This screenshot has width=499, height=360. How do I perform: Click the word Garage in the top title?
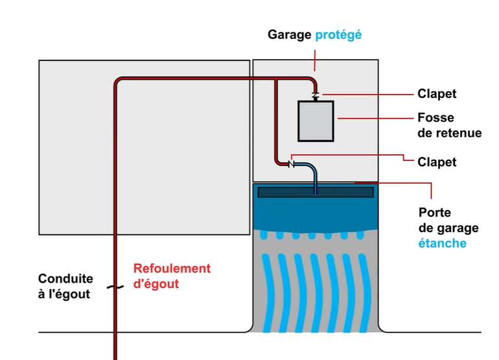click(290, 34)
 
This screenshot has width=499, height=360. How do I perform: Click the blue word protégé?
click(338, 34)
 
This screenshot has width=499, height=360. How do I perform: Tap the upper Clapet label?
click(437, 94)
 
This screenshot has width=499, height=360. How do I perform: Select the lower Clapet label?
click(437, 162)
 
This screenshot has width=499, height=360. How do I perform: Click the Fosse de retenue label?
click(450, 126)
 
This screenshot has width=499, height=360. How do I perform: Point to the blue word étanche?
click(442, 243)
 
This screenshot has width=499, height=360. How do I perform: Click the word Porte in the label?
click(434, 213)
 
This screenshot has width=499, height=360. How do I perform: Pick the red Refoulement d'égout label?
click(172, 276)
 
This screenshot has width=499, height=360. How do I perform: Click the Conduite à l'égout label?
click(65, 286)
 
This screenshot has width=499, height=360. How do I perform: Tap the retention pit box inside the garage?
click(316, 121)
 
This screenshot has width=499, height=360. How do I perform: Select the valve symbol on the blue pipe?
click(291, 164)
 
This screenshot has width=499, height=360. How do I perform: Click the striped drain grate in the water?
click(316, 192)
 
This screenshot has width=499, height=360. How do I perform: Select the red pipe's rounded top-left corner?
click(119, 82)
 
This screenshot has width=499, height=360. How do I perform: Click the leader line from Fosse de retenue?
click(376, 119)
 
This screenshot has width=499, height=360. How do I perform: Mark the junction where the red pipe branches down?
click(276, 80)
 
